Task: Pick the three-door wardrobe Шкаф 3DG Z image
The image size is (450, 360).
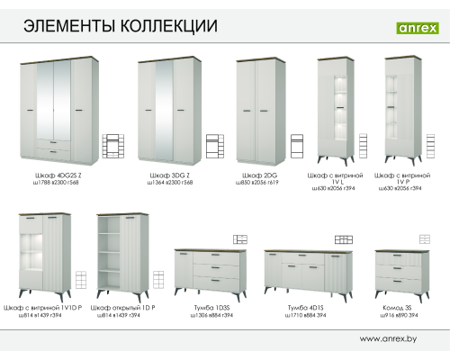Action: [x=168, y=111]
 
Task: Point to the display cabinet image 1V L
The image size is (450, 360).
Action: [x=337, y=110]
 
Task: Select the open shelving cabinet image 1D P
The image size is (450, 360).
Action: [x=123, y=256]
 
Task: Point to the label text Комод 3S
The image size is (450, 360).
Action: [x=396, y=309]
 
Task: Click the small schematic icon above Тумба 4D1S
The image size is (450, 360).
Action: [x=343, y=239]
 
